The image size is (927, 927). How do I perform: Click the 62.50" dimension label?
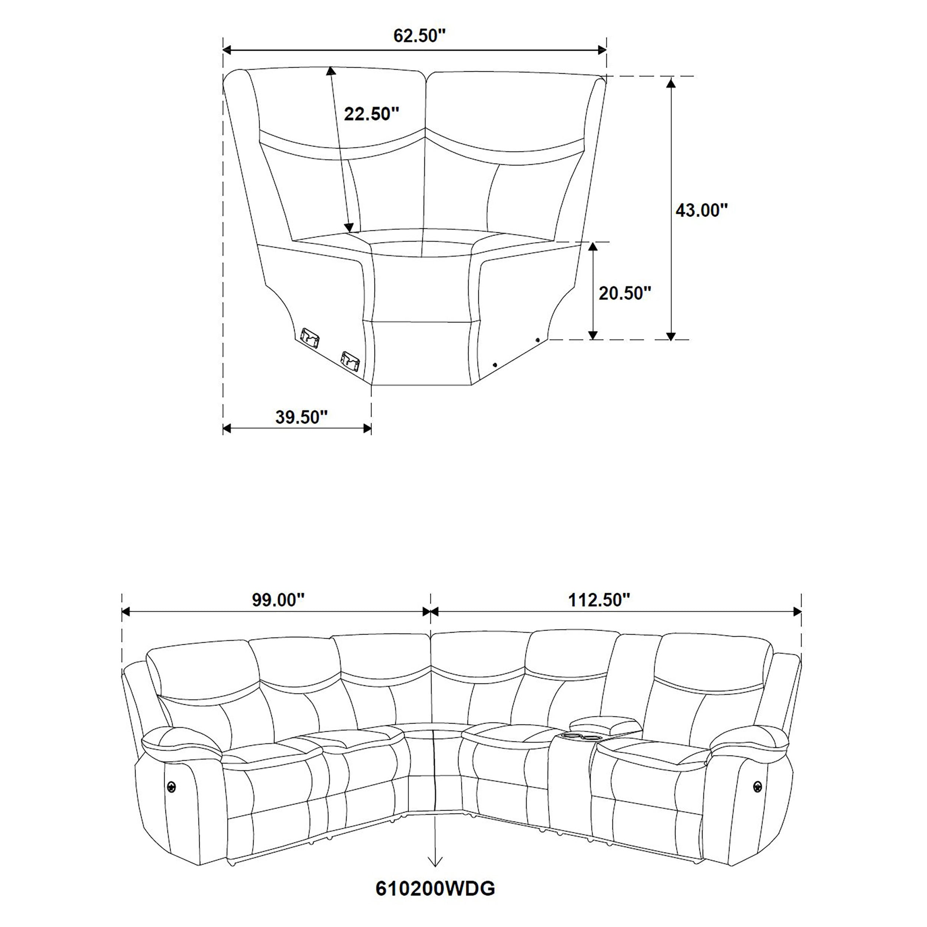pyautogui.click(x=420, y=36)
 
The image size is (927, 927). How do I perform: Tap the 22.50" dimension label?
pyautogui.click(x=372, y=114)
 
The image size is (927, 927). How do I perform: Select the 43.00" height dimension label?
pyautogui.click(x=702, y=210)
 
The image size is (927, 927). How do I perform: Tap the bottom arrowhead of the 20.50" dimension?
pyautogui.click(x=594, y=335)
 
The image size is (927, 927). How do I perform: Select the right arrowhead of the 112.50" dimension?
pyautogui.click(x=798, y=611)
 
